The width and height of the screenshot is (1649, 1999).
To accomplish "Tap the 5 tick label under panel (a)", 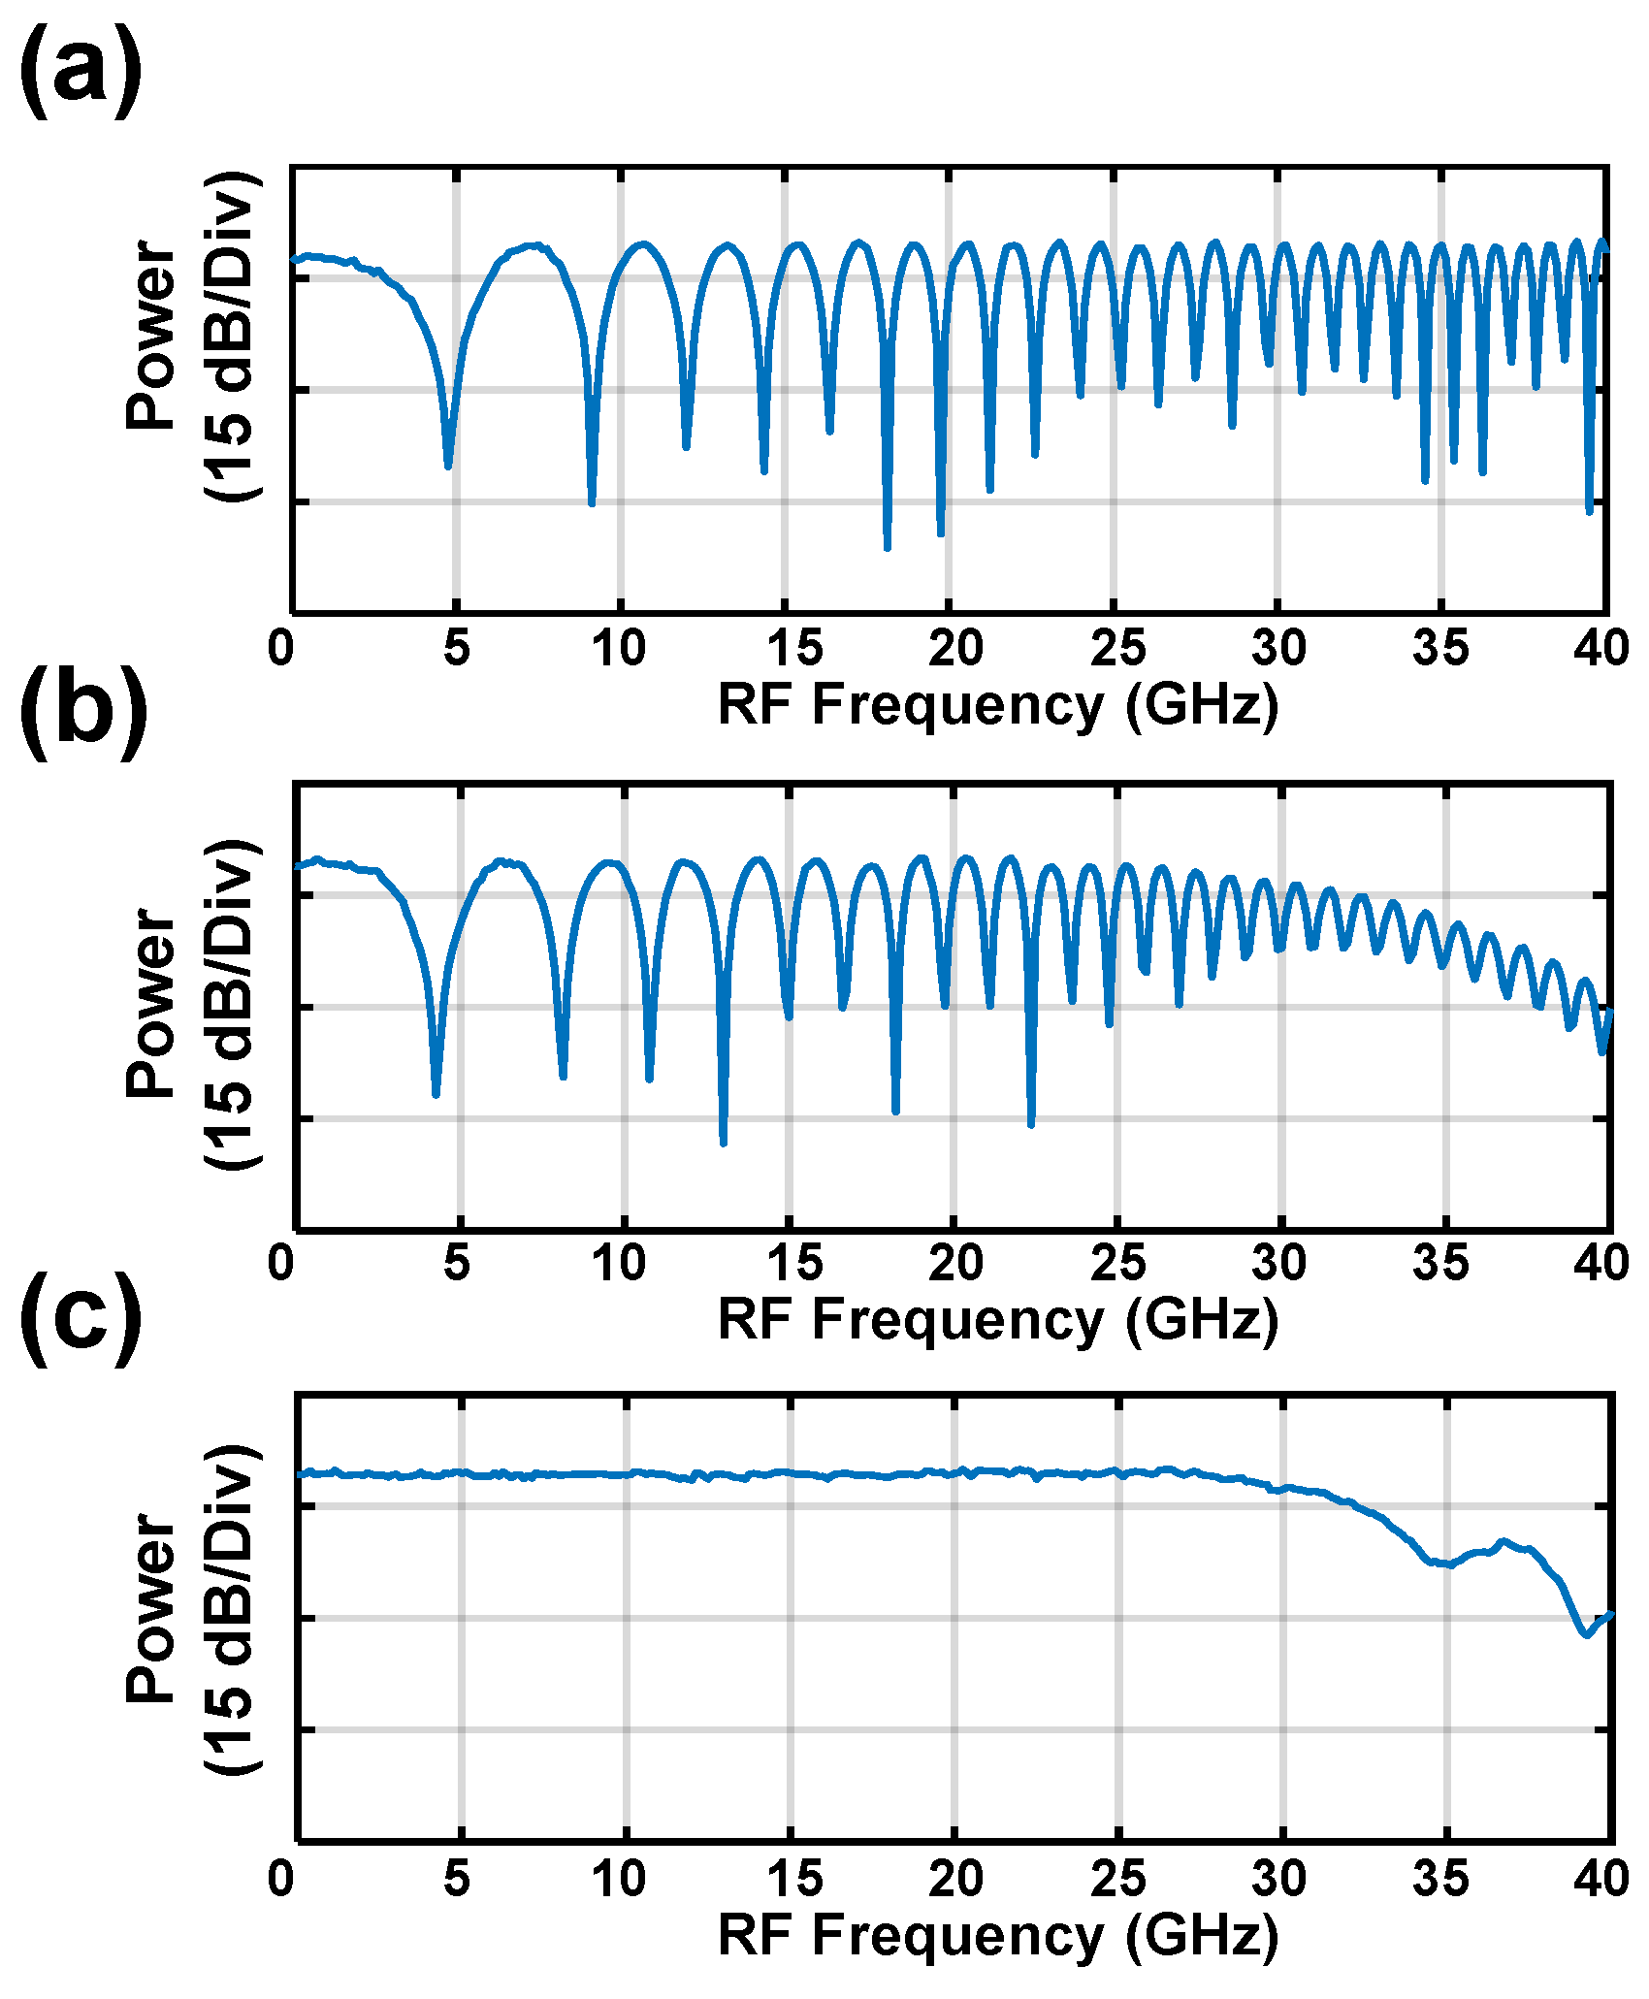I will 457,648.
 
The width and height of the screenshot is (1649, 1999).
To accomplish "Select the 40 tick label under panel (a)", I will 1600,648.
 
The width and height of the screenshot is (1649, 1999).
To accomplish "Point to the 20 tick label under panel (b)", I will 955,1263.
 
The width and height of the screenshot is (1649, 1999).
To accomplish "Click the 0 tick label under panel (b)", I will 281,1263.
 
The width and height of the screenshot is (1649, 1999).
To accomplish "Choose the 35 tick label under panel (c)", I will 1440,1880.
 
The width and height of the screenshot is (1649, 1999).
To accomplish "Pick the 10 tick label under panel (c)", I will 619,1880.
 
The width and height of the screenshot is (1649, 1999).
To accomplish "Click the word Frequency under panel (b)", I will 957,1321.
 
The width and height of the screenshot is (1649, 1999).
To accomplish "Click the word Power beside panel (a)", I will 151,335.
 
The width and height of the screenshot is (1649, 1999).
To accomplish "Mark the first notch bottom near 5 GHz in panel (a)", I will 448,467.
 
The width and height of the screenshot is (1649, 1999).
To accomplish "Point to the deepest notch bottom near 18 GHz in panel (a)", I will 887,548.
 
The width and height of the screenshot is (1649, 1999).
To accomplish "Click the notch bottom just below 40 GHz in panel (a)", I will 1589,511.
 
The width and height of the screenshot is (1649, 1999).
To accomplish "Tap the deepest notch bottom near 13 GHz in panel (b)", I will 723,1143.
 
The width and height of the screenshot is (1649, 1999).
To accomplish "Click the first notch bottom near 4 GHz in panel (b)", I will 436,1094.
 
